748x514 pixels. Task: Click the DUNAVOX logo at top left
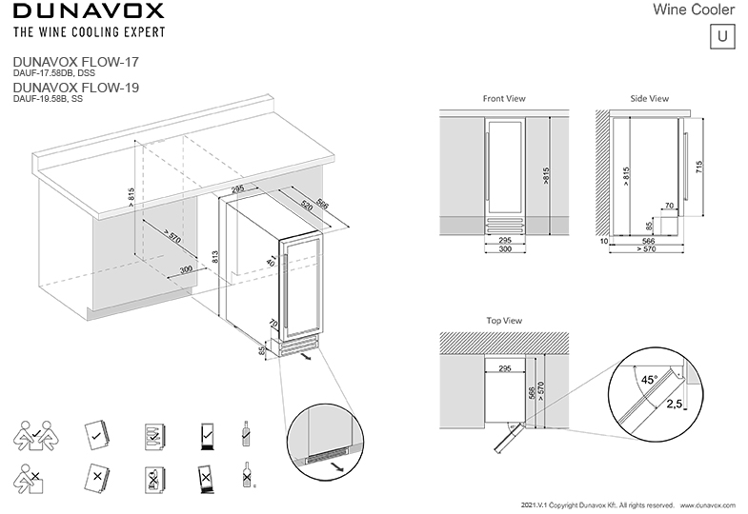click(x=88, y=11)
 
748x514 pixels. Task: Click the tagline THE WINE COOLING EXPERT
click(x=88, y=31)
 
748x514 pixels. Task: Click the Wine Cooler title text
click(x=694, y=10)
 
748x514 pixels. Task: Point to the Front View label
click(x=504, y=99)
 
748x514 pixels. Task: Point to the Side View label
click(x=650, y=99)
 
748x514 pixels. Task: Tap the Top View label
click(x=504, y=321)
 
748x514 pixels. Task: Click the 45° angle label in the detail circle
click(x=648, y=379)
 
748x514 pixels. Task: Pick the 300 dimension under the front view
click(x=504, y=249)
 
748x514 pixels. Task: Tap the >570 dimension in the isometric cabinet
click(x=171, y=237)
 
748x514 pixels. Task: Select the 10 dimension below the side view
click(x=604, y=242)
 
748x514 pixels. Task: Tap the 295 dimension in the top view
click(x=504, y=367)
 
